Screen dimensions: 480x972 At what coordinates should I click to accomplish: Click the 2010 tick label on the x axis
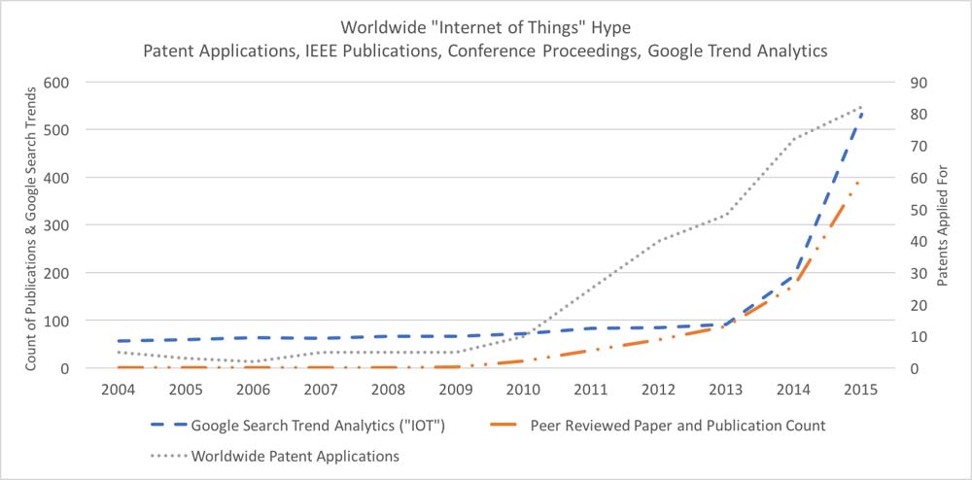tap(523, 389)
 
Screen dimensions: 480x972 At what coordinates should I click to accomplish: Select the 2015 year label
tap(860, 389)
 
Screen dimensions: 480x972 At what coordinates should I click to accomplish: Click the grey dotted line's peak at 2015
tap(860, 107)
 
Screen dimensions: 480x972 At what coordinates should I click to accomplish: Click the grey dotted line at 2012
tap(658, 240)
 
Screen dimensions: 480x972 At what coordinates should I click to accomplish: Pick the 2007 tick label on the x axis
tap(321, 389)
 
